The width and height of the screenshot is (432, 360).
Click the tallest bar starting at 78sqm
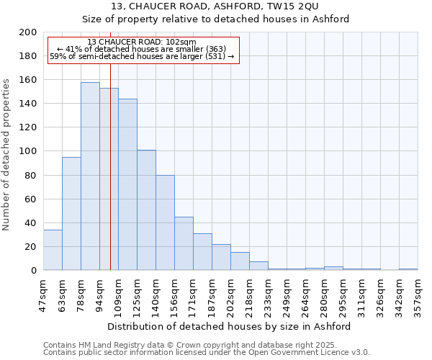pyautogui.click(x=90, y=176)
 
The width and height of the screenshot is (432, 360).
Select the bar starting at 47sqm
pyautogui.click(x=53, y=250)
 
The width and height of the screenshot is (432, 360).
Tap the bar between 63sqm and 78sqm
pyautogui.click(x=71, y=214)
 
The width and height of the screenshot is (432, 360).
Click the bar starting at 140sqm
pyautogui.click(x=165, y=222)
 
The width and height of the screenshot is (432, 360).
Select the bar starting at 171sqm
pyautogui.click(x=202, y=252)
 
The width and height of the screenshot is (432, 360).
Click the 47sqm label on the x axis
pyautogui.click(x=44, y=294)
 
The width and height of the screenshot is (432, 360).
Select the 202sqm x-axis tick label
pyautogui.click(x=231, y=294)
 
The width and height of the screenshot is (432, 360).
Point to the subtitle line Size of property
pyautogui.click(x=215, y=19)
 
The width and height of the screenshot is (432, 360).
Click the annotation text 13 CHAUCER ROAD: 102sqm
pyautogui.click(x=141, y=42)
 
